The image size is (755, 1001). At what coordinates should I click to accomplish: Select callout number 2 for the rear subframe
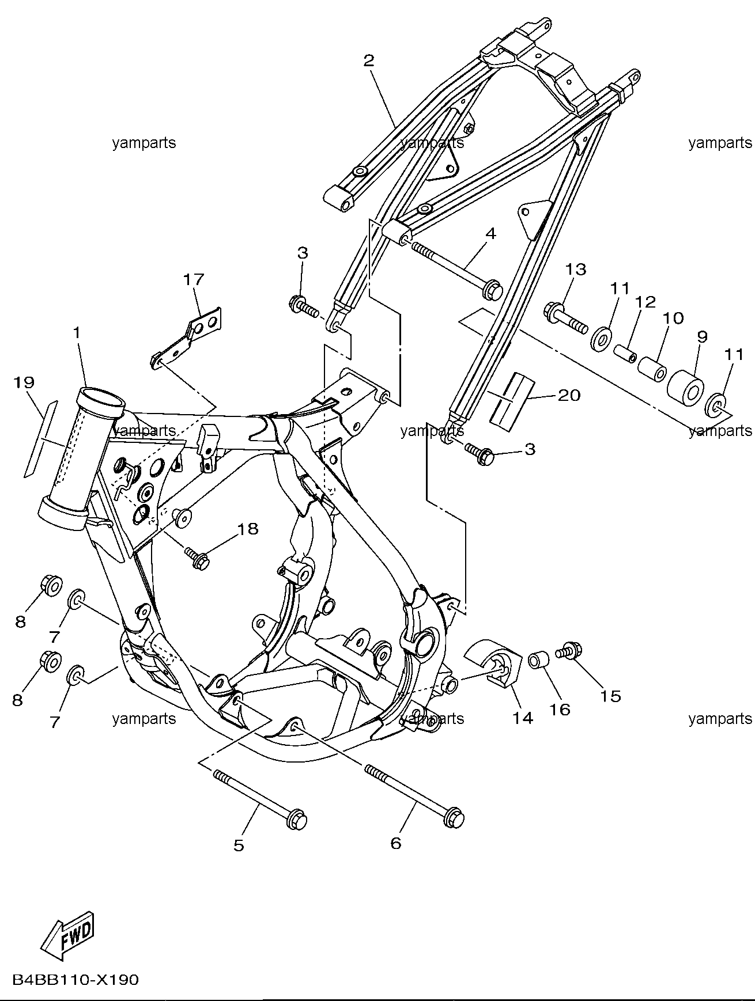pos(369,60)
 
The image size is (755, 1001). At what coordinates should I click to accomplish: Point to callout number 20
pos(568,395)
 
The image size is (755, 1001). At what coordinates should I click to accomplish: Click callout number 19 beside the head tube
pos(24,382)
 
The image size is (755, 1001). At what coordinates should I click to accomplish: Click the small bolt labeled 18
pos(197,556)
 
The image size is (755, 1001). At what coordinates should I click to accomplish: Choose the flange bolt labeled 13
pos(565,318)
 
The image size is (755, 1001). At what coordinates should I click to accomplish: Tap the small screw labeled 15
pos(569,650)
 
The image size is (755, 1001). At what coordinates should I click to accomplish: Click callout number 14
pos(523,718)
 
